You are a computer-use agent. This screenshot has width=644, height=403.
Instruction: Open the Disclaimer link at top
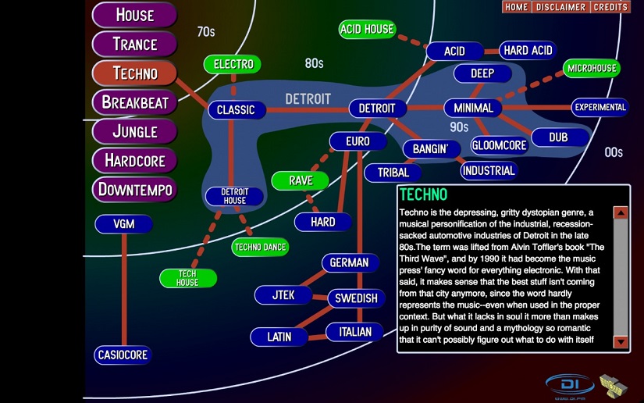(560, 7)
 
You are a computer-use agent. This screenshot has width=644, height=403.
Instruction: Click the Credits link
(610, 7)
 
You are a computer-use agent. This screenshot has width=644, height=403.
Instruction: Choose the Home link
(517, 7)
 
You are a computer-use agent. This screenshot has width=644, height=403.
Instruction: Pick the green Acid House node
(367, 30)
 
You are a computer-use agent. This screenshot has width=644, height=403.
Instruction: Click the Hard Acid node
(528, 51)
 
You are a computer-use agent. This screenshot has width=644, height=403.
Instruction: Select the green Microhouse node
(592, 69)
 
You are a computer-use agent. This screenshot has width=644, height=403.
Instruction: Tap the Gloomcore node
(500, 145)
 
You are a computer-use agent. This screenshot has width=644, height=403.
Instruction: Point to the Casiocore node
(123, 355)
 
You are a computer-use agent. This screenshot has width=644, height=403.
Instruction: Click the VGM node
(123, 224)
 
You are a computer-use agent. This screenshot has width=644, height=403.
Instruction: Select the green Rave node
(301, 180)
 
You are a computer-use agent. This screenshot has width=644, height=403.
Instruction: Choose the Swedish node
(356, 298)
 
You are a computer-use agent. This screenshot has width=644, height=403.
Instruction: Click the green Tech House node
(187, 277)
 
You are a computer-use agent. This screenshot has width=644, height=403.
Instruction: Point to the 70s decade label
(205, 32)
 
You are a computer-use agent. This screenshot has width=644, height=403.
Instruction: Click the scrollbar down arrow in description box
(621, 341)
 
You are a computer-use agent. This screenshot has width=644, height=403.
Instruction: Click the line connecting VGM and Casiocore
(123, 289)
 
